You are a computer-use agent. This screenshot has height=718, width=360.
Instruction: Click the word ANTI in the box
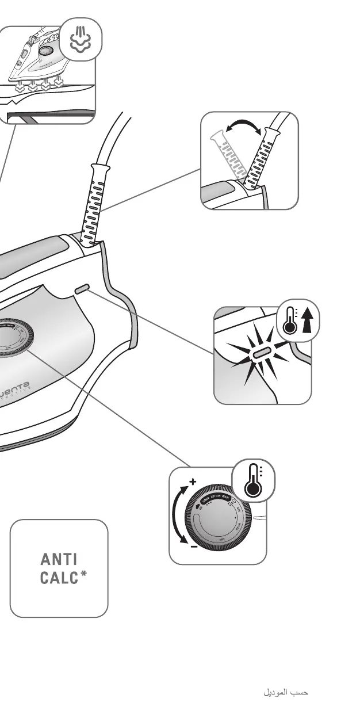pos(58,559)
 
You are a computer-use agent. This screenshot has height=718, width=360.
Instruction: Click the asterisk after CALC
pos(84,574)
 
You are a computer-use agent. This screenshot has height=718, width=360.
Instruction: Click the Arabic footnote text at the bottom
pos(286,693)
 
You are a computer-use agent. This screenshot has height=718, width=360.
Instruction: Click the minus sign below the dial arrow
pos(194,547)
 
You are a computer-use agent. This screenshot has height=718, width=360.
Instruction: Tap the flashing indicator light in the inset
pos(263,352)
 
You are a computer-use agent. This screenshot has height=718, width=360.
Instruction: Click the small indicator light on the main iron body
pos(81,288)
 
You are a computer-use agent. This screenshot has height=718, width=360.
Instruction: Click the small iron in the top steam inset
pos(38,58)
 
